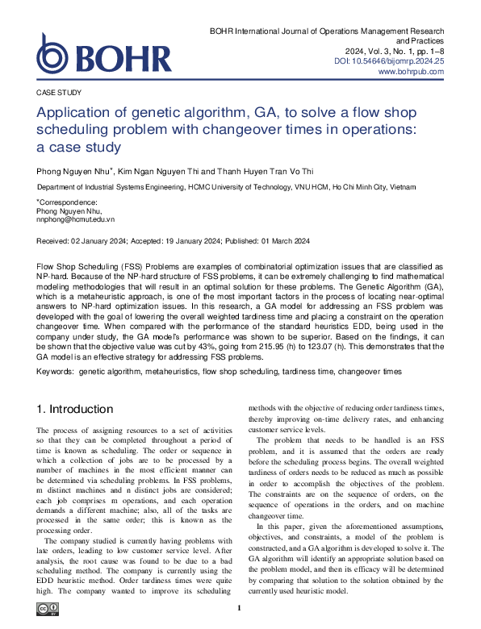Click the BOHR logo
(104, 54)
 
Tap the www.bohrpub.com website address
(411, 72)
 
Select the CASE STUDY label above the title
(59, 93)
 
